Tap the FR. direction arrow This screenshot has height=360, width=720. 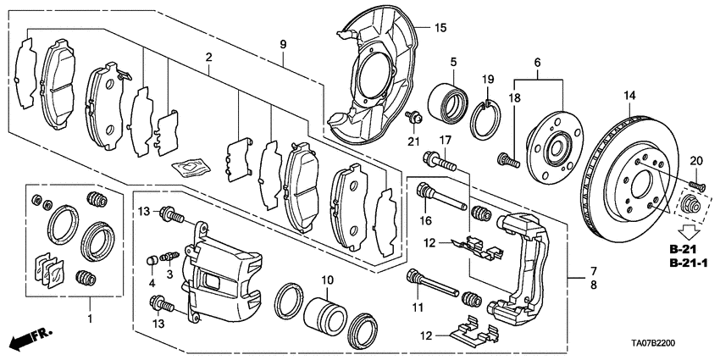[30, 339]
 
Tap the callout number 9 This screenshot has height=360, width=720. [284, 44]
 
